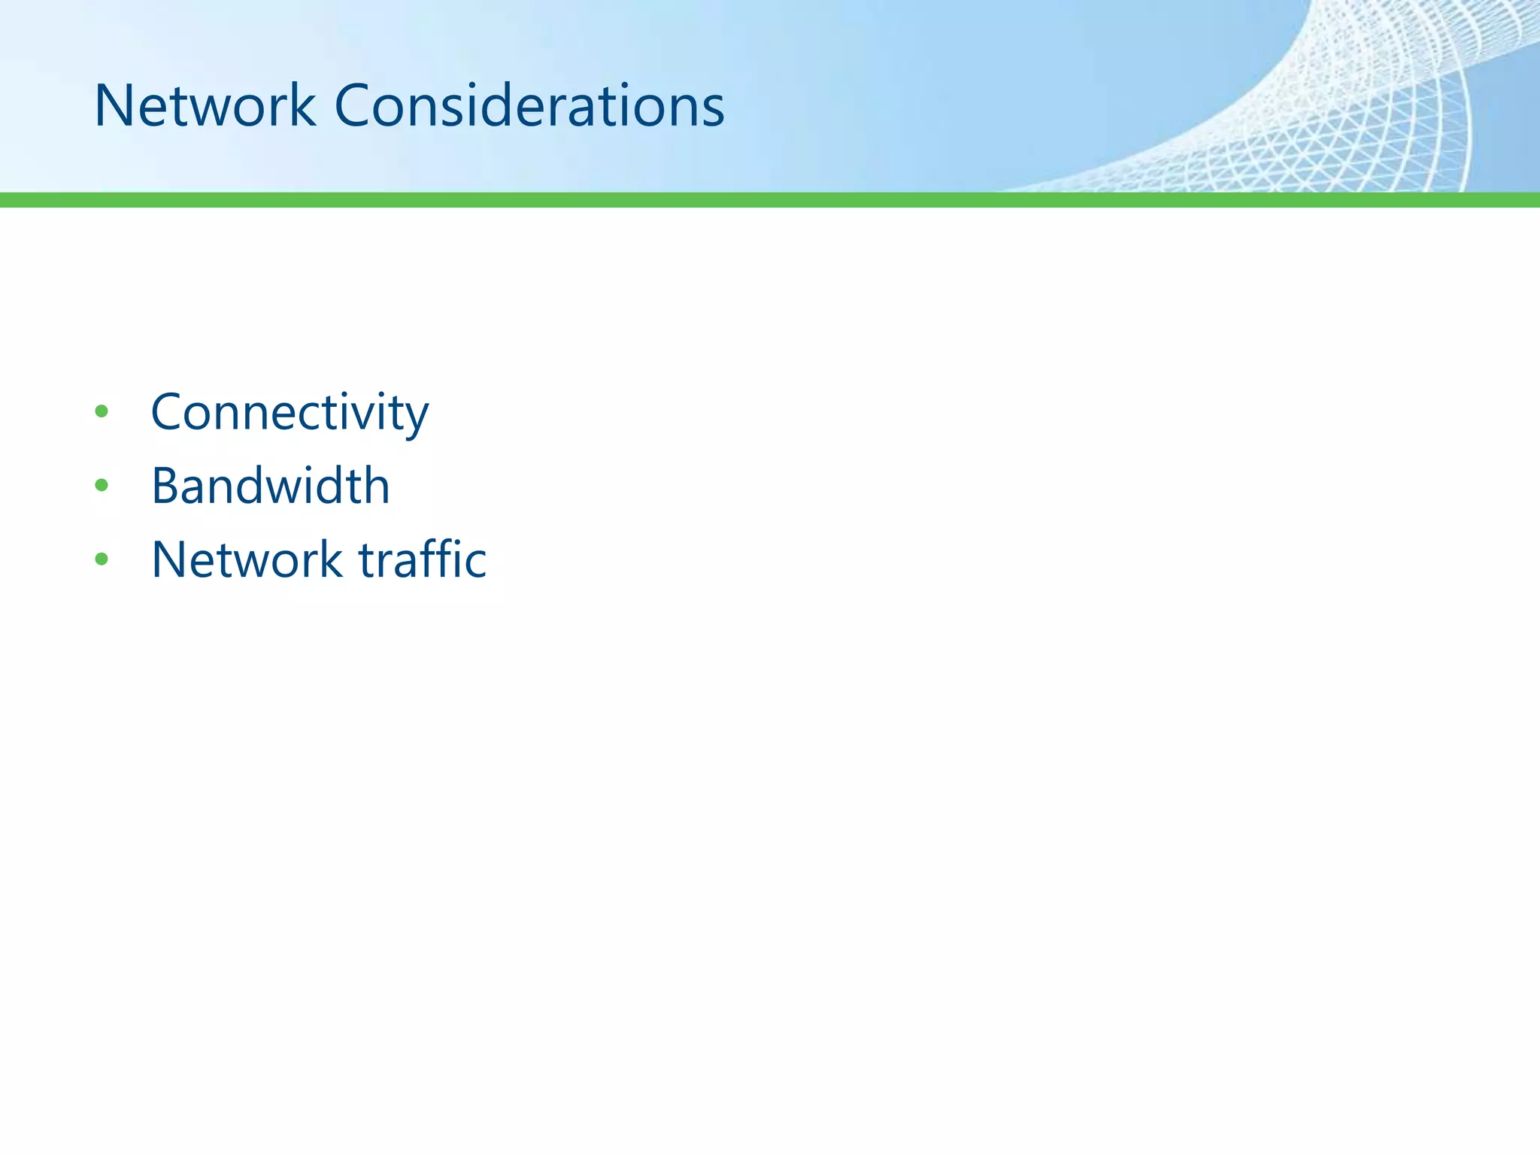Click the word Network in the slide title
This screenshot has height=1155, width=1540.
tap(205, 106)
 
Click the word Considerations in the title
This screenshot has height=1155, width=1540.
tap(529, 106)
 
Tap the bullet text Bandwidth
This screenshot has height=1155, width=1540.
tap(271, 486)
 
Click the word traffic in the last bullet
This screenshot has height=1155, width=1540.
tap(423, 559)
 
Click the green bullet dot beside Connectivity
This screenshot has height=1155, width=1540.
tap(102, 412)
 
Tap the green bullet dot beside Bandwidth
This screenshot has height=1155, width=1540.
tap(102, 486)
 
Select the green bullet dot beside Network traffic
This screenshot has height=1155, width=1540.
tap(102, 559)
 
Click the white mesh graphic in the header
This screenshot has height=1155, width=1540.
tap(1354, 113)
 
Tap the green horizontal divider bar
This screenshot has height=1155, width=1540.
tap(770, 200)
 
